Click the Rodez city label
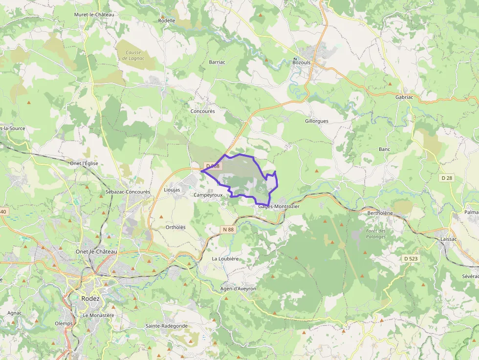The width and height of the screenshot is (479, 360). pyautogui.click(x=91, y=298)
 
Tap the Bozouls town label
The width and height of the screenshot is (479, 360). pyautogui.click(x=301, y=63)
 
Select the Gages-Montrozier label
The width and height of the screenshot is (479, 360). pyautogui.click(x=279, y=207)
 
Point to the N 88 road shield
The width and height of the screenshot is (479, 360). pyautogui.click(x=228, y=229)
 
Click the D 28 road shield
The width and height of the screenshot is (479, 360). pyautogui.click(x=447, y=178)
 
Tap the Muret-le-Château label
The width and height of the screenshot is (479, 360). pyautogui.click(x=94, y=15)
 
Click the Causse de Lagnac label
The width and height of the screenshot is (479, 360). pyautogui.click(x=133, y=56)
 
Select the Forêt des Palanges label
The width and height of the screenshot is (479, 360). pyautogui.click(x=376, y=233)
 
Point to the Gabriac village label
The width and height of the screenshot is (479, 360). pyautogui.click(x=404, y=97)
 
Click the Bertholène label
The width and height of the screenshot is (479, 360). pyautogui.click(x=380, y=213)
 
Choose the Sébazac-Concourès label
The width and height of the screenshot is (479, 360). pyautogui.click(x=128, y=192)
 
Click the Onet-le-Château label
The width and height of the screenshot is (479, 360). pyautogui.click(x=96, y=252)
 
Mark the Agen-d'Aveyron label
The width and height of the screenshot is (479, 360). pyautogui.click(x=238, y=289)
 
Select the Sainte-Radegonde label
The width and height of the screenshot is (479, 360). pyautogui.click(x=167, y=326)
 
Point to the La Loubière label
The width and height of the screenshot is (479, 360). pyautogui.click(x=225, y=258)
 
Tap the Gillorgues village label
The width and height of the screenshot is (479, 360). pyautogui.click(x=317, y=121)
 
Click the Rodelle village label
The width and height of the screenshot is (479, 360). pyautogui.click(x=167, y=21)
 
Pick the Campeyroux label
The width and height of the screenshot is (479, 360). pyautogui.click(x=208, y=195)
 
